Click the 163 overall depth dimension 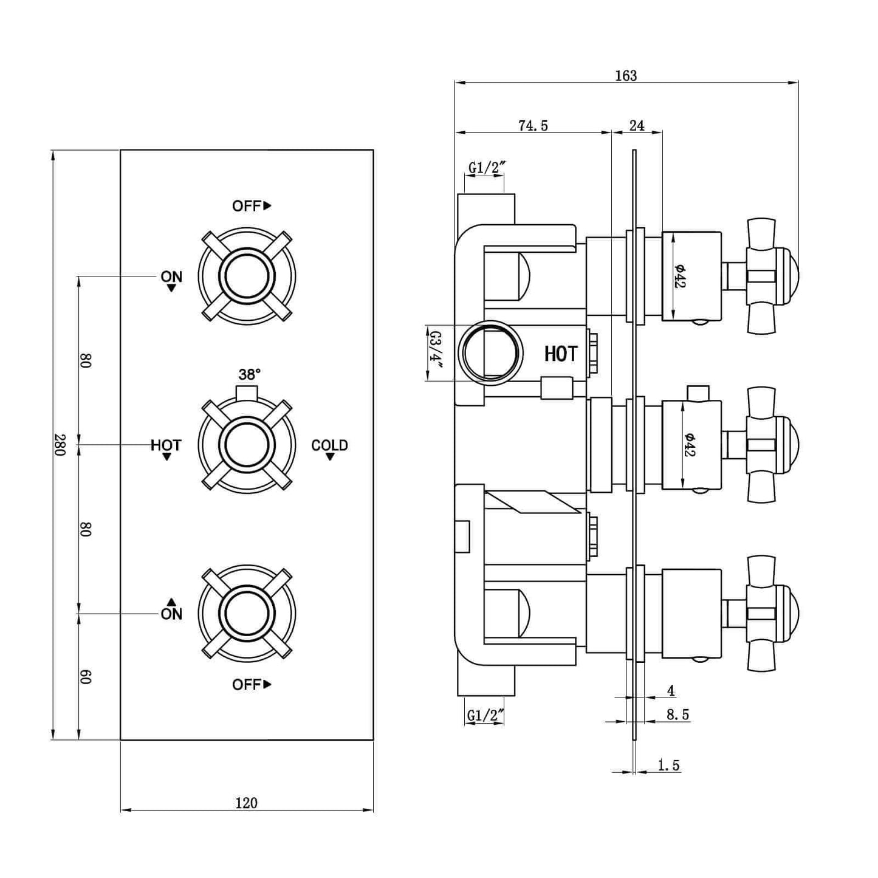click(626, 75)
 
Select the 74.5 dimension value click(533, 125)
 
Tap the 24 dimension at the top click(636, 125)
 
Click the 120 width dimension click(246, 803)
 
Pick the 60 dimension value click(86, 676)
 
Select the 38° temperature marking click(249, 374)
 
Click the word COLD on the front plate click(329, 445)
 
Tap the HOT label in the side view click(560, 354)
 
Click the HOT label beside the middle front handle click(166, 445)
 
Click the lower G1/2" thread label click(485, 716)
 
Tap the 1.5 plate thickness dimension click(668, 765)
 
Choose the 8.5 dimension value click(677, 715)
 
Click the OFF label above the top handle click(247, 206)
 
